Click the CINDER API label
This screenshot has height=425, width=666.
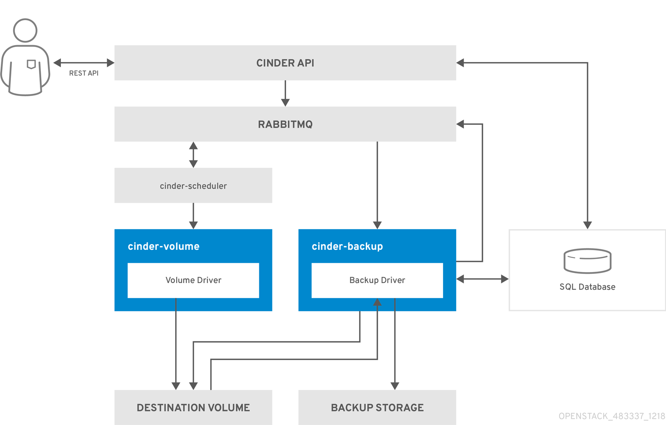pyautogui.click(x=285, y=63)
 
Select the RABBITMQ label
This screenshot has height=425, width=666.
pyautogui.click(x=285, y=124)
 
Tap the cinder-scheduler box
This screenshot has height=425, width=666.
pyautogui.click(x=193, y=185)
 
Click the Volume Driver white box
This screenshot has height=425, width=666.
pyautogui.click(x=193, y=280)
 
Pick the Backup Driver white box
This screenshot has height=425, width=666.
pyautogui.click(x=377, y=280)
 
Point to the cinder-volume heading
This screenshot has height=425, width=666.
pyautogui.click(x=163, y=246)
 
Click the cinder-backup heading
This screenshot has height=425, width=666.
pyautogui.click(x=347, y=246)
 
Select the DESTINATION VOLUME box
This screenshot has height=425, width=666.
pyautogui.click(x=193, y=407)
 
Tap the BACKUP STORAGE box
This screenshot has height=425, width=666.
pyautogui.click(x=377, y=407)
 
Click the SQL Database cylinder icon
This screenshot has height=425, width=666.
pyautogui.click(x=587, y=261)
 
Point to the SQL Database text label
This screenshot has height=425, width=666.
pyautogui.click(x=587, y=287)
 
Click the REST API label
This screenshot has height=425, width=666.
pyautogui.click(x=84, y=73)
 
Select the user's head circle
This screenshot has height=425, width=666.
pyautogui.click(x=25, y=30)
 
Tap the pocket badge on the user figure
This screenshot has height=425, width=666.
pyautogui.click(x=31, y=64)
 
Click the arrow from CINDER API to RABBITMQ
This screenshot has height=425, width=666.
pyautogui.click(x=285, y=93)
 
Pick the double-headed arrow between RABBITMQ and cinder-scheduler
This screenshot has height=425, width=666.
pyautogui.click(x=193, y=155)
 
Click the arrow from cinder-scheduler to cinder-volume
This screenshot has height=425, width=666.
pyautogui.click(x=193, y=216)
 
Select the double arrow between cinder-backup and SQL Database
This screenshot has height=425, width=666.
pyautogui.click(x=482, y=279)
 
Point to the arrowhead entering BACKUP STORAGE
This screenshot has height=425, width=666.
pyautogui.click(x=394, y=386)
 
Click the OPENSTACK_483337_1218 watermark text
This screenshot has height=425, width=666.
pyautogui.click(x=612, y=416)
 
